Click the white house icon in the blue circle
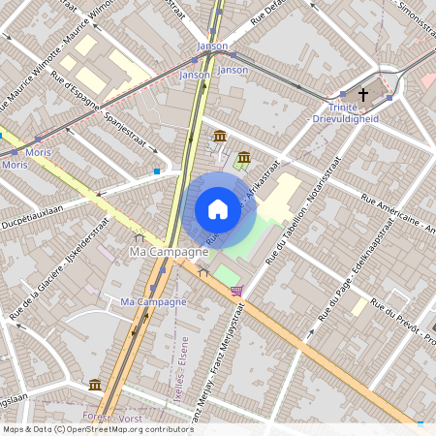point(217,209)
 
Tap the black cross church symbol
point(363,95)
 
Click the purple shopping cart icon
point(236,291)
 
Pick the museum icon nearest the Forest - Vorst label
point(94,385)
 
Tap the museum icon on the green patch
point(243,157)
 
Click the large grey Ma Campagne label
point(169,252)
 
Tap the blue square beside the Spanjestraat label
point(157,171)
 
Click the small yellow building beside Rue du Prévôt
point(359,306)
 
